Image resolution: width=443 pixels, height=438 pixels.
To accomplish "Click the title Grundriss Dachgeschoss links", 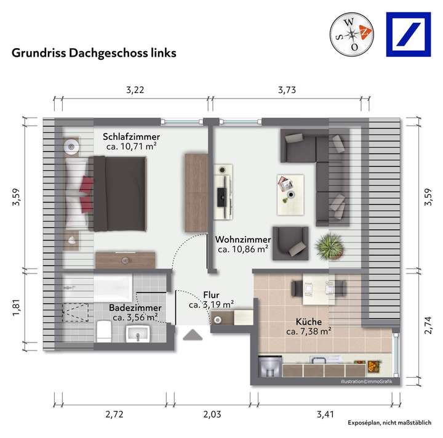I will [94, 53].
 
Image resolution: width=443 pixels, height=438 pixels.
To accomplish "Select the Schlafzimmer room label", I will [132, 136].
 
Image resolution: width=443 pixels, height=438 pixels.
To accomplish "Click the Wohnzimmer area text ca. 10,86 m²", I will [243, 249].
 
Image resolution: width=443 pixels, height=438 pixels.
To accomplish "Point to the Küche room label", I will [309, 321].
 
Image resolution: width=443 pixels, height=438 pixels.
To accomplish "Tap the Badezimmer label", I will [135, 307].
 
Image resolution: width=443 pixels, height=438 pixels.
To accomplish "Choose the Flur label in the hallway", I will [211, 294].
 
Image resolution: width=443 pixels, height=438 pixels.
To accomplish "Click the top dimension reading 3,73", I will [287, 89].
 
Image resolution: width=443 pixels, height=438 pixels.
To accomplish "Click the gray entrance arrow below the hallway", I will [193, 335].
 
